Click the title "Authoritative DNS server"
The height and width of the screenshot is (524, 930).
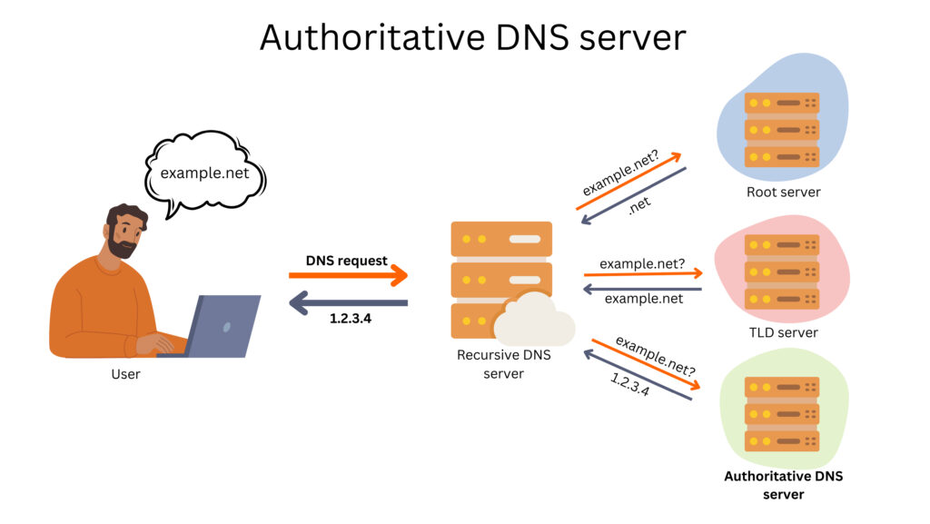tap(472, 37)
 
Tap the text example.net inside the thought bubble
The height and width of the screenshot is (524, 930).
tap(204, 173)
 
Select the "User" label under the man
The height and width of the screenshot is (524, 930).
tap(125, 373)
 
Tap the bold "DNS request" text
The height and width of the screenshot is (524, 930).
tap(346, 261)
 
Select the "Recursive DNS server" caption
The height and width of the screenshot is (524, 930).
tap(503, 364)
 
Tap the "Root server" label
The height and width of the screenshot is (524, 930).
tap(783, 192)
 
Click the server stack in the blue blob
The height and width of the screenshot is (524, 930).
tap(782, 129)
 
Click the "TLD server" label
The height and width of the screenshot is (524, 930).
tap(783, 332)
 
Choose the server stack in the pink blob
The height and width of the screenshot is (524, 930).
tap(782, 272)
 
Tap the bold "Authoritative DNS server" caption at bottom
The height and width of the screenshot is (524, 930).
tap(782, 485)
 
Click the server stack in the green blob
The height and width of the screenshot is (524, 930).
tap(782, 413)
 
